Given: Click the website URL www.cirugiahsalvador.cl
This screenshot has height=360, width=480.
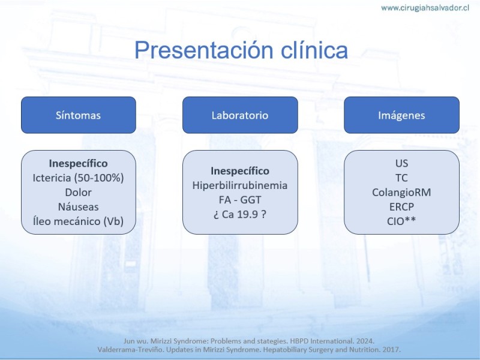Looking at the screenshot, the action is (x=425, y=8).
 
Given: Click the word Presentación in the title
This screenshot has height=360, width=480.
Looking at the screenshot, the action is (x=204, y=50).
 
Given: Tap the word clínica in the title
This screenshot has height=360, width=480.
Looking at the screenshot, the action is (x=314, y=50).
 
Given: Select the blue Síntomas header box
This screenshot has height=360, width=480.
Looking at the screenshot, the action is (x=79, y=115).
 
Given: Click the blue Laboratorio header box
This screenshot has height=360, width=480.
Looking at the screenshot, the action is (x=240, y=115).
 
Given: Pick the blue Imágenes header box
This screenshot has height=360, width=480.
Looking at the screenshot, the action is (x=401, y=115).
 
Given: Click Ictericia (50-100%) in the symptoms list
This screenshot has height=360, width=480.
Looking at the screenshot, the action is (x=79, y=178).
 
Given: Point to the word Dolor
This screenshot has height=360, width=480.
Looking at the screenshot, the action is (x=79, y=192).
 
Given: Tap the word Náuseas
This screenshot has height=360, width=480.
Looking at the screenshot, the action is (x=79, y=206).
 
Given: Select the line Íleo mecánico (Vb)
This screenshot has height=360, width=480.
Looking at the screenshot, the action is (x=79, y=221).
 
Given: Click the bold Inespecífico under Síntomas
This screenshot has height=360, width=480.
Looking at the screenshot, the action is (x=79, y=163).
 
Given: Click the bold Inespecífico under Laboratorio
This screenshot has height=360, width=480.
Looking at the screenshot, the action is (x=240, y=171).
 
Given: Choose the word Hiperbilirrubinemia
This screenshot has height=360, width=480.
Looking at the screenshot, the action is (x=240, y=185).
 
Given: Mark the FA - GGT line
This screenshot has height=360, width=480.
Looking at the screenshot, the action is (x=240, y=200).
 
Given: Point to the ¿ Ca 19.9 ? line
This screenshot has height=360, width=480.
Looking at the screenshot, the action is (x=240, y=214).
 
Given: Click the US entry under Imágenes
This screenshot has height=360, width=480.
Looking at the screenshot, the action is (x=401, y=163).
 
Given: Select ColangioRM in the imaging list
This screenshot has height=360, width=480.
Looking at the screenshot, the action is (x=401, y=192).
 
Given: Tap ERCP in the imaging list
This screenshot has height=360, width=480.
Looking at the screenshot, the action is (x=401, y=206).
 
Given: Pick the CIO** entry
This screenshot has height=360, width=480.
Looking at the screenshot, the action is (x=401, y=221).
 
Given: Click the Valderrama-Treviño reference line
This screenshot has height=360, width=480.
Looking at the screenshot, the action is (x=249, y=350).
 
